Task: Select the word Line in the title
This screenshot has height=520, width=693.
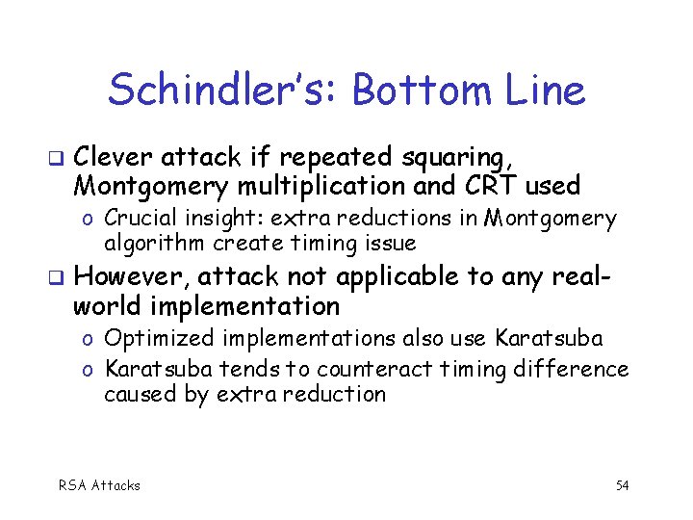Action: [x=545, y=91]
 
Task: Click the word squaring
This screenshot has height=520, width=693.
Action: [x=453, y=156]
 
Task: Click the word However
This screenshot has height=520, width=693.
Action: [x=130, y=276]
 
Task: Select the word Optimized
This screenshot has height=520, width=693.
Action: [x=158, y=339]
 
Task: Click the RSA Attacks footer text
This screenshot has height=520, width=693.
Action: [x=99, y=485]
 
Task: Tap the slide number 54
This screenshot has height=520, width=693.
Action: [x=622, y=485]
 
